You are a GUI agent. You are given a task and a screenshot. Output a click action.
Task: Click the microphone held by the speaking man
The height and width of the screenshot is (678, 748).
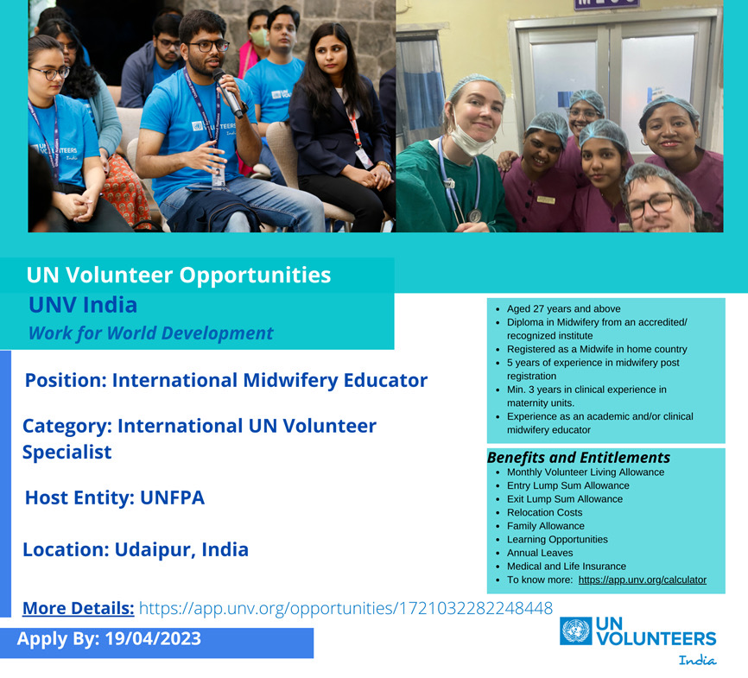click(x=230, y=92)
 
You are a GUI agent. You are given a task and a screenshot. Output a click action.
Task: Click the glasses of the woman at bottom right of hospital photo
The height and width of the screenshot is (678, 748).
click(x=650, y=206)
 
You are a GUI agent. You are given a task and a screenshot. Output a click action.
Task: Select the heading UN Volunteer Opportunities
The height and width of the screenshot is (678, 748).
click(x=179, y=276)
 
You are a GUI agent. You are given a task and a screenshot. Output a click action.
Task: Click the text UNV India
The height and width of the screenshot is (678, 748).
click(x=82, y=305)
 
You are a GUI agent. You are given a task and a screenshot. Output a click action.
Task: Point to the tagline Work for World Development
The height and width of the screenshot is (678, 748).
click(x=150, y=333)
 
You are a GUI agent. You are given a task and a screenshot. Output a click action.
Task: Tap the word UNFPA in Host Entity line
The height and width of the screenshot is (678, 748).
click(x=172, y=497)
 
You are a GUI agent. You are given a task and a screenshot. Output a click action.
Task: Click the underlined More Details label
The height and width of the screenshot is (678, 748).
click(x=78, y=608)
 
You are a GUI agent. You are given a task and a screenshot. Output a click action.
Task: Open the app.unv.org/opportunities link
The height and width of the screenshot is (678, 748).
click(x=345, y=608)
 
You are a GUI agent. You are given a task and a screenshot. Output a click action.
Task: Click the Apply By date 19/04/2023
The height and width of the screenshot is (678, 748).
click(x=153, y=640)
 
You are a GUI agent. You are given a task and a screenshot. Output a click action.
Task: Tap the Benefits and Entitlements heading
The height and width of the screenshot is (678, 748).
click(x=578, y=458)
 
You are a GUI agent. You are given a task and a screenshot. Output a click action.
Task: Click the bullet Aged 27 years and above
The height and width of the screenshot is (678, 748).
click(x=563, y=309)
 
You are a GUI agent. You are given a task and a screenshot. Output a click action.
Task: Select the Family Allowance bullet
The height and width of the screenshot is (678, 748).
click(x=545, y=526)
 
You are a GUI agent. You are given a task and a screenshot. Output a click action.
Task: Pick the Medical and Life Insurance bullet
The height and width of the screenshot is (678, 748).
click(x=566, y=567)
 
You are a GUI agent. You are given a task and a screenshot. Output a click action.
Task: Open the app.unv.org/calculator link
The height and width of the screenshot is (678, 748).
click(x=642, y=580)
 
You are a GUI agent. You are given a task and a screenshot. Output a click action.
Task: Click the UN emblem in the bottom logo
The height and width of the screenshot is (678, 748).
click(x=575, y=631)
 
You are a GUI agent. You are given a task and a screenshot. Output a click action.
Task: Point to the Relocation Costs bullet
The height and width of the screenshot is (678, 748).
click(x=544, y=512)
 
